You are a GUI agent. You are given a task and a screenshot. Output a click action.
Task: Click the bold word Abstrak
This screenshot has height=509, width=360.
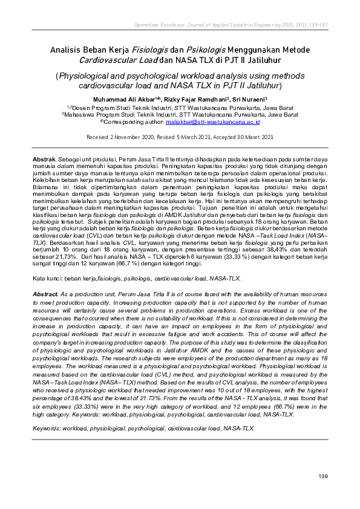tap(44, 157)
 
